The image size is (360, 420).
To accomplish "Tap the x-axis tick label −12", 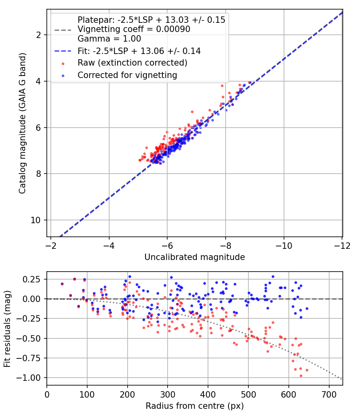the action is click(x=342, y=246).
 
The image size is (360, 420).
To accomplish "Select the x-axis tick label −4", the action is click(x=109, y=246).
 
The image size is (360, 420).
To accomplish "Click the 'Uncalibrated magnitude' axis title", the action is click(x=195, y=257).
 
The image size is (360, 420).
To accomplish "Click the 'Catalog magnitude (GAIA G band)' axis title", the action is click(x=22, y=123).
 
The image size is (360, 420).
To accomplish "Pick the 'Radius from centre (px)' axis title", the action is click(x=195, y=406).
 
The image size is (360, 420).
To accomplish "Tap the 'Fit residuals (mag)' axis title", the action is click(x=8, y=329).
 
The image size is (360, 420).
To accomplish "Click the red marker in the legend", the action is click(x=63, y=64).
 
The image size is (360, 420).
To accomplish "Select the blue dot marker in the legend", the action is click(x=63, y=76).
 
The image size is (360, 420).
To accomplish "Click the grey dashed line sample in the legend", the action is click(x=63, y=30).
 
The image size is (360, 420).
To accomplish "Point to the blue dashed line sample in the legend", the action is click(x=63, y=51).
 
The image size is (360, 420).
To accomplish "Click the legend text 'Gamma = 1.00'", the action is click(x=109, y=39).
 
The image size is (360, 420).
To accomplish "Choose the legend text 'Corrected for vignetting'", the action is click(x=128, y=75).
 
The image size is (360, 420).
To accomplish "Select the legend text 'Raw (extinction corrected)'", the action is click(x=132, y=63).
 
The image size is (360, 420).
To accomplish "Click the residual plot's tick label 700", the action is click(x=329, y=394).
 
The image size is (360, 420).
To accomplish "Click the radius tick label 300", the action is click(x=168, y=394).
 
